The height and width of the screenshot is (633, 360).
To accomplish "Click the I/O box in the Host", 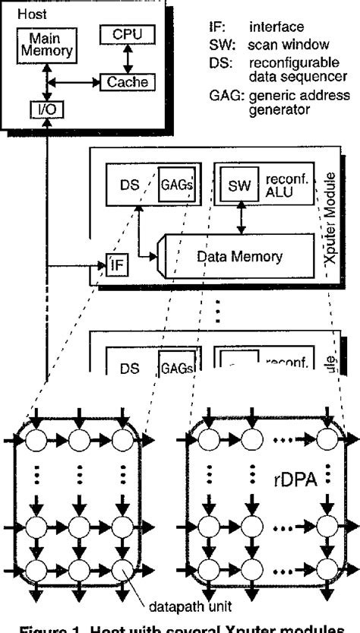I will [47, 109].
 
